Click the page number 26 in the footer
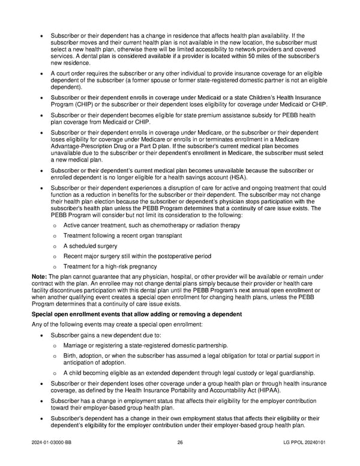pos(180,443)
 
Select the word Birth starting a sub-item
pos(70,356)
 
